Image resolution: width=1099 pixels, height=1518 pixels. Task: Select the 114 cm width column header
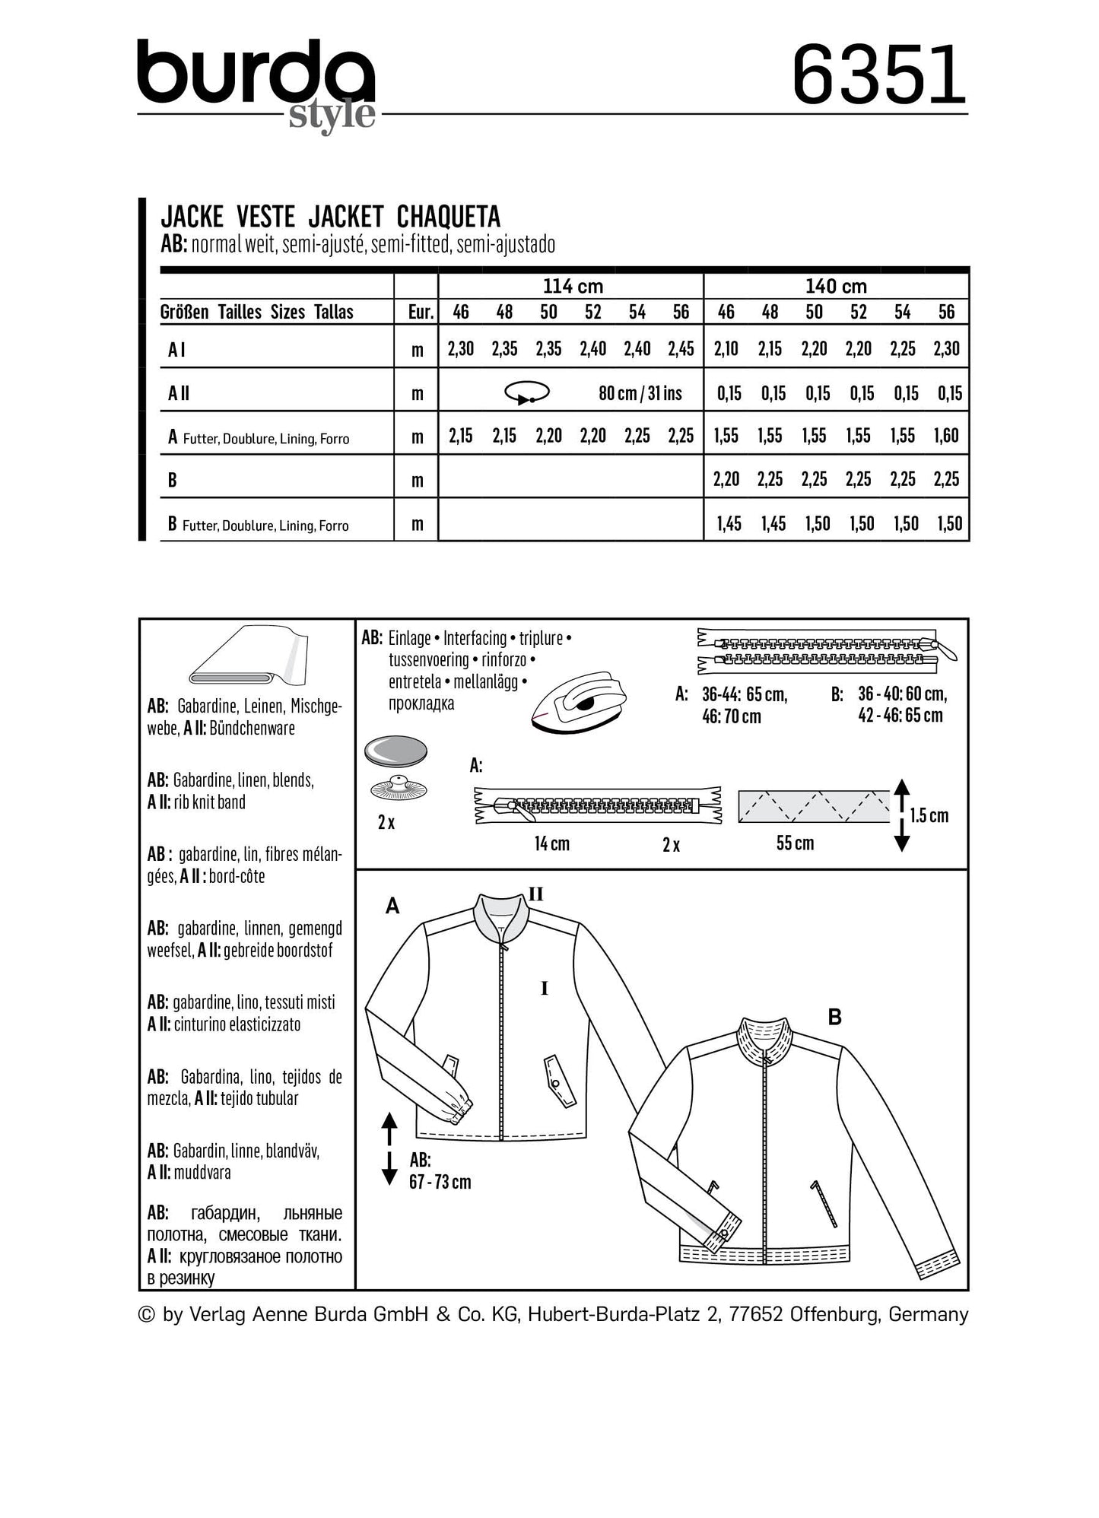pos(572,287)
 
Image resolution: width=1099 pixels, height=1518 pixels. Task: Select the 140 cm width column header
pos(836,287)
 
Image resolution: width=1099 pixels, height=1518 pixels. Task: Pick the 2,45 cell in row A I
pos(681,349)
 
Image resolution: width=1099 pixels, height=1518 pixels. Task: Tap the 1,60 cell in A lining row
pos(946,436)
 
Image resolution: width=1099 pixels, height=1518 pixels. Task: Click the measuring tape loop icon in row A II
pos(526,392)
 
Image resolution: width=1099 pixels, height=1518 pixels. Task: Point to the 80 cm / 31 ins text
pos(640,393)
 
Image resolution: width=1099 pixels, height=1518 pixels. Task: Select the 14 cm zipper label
pos(551,843)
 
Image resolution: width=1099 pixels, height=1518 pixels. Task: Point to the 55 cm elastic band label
pos(795,843)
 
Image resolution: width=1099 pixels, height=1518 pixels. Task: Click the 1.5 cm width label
pos(929,816)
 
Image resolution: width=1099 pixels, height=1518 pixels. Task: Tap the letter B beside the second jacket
pos(834,1017)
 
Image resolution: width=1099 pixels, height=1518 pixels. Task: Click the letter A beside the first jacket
pos(392,906)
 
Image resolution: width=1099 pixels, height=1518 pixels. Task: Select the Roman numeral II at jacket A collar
pos(535,894)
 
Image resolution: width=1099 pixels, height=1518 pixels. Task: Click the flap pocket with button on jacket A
pos(561,1080)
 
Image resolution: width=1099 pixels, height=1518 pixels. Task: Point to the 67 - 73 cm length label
pos(440,1182)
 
